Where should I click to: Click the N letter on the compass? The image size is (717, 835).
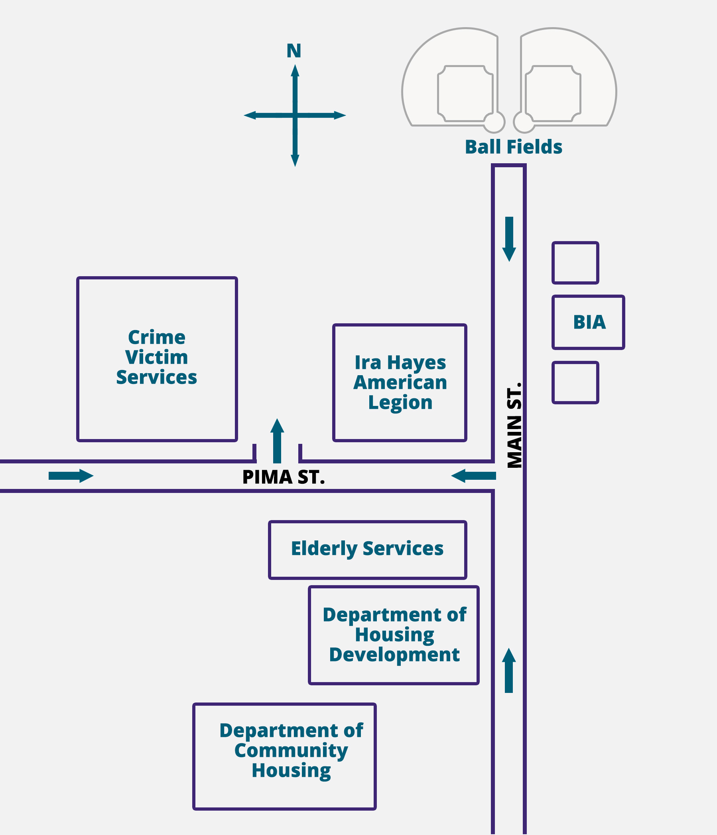pyautogui.click(x=294, y=51)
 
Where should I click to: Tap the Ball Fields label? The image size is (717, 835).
pyautogui.click(x=513, y=147)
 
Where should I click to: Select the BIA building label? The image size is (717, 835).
pyautogui.click(x=589, y=323)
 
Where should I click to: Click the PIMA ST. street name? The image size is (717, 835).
pyautogui.click(x=284, y=477)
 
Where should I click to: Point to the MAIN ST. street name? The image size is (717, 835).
pyautogui.click(x=514, y=425)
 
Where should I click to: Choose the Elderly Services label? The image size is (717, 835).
pyautogui.click(x=367, y=549)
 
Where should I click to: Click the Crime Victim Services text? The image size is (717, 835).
pyautogui.click(x=157, y=358)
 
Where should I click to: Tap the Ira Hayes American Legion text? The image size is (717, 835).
pyautogui.click(x=400, y=382)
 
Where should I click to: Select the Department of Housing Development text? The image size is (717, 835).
pyautogui.click(x=394, y=635)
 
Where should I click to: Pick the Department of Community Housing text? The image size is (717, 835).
pyautogui.click(x=291, y=750)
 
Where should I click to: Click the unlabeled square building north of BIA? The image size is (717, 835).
pyautogui.click(x=575, y=263)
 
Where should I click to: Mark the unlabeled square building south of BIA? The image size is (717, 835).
pyautogui.click(x=575, y=382)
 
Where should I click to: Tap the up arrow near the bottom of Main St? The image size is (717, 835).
pyautogui.click(x=509, y=671)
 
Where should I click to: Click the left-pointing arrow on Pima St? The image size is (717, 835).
pyautogui.click(x=473, y=476)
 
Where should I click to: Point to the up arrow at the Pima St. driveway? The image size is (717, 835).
pyautogui.click(x=277, y=441)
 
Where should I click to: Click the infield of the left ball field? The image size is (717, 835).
pyautogui.click(x=465, y=93)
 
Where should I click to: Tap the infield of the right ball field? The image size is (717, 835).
pyautogui.click(x=553, y=93)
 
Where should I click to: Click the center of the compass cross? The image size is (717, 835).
pyautogui.click(x=295, y=116)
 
